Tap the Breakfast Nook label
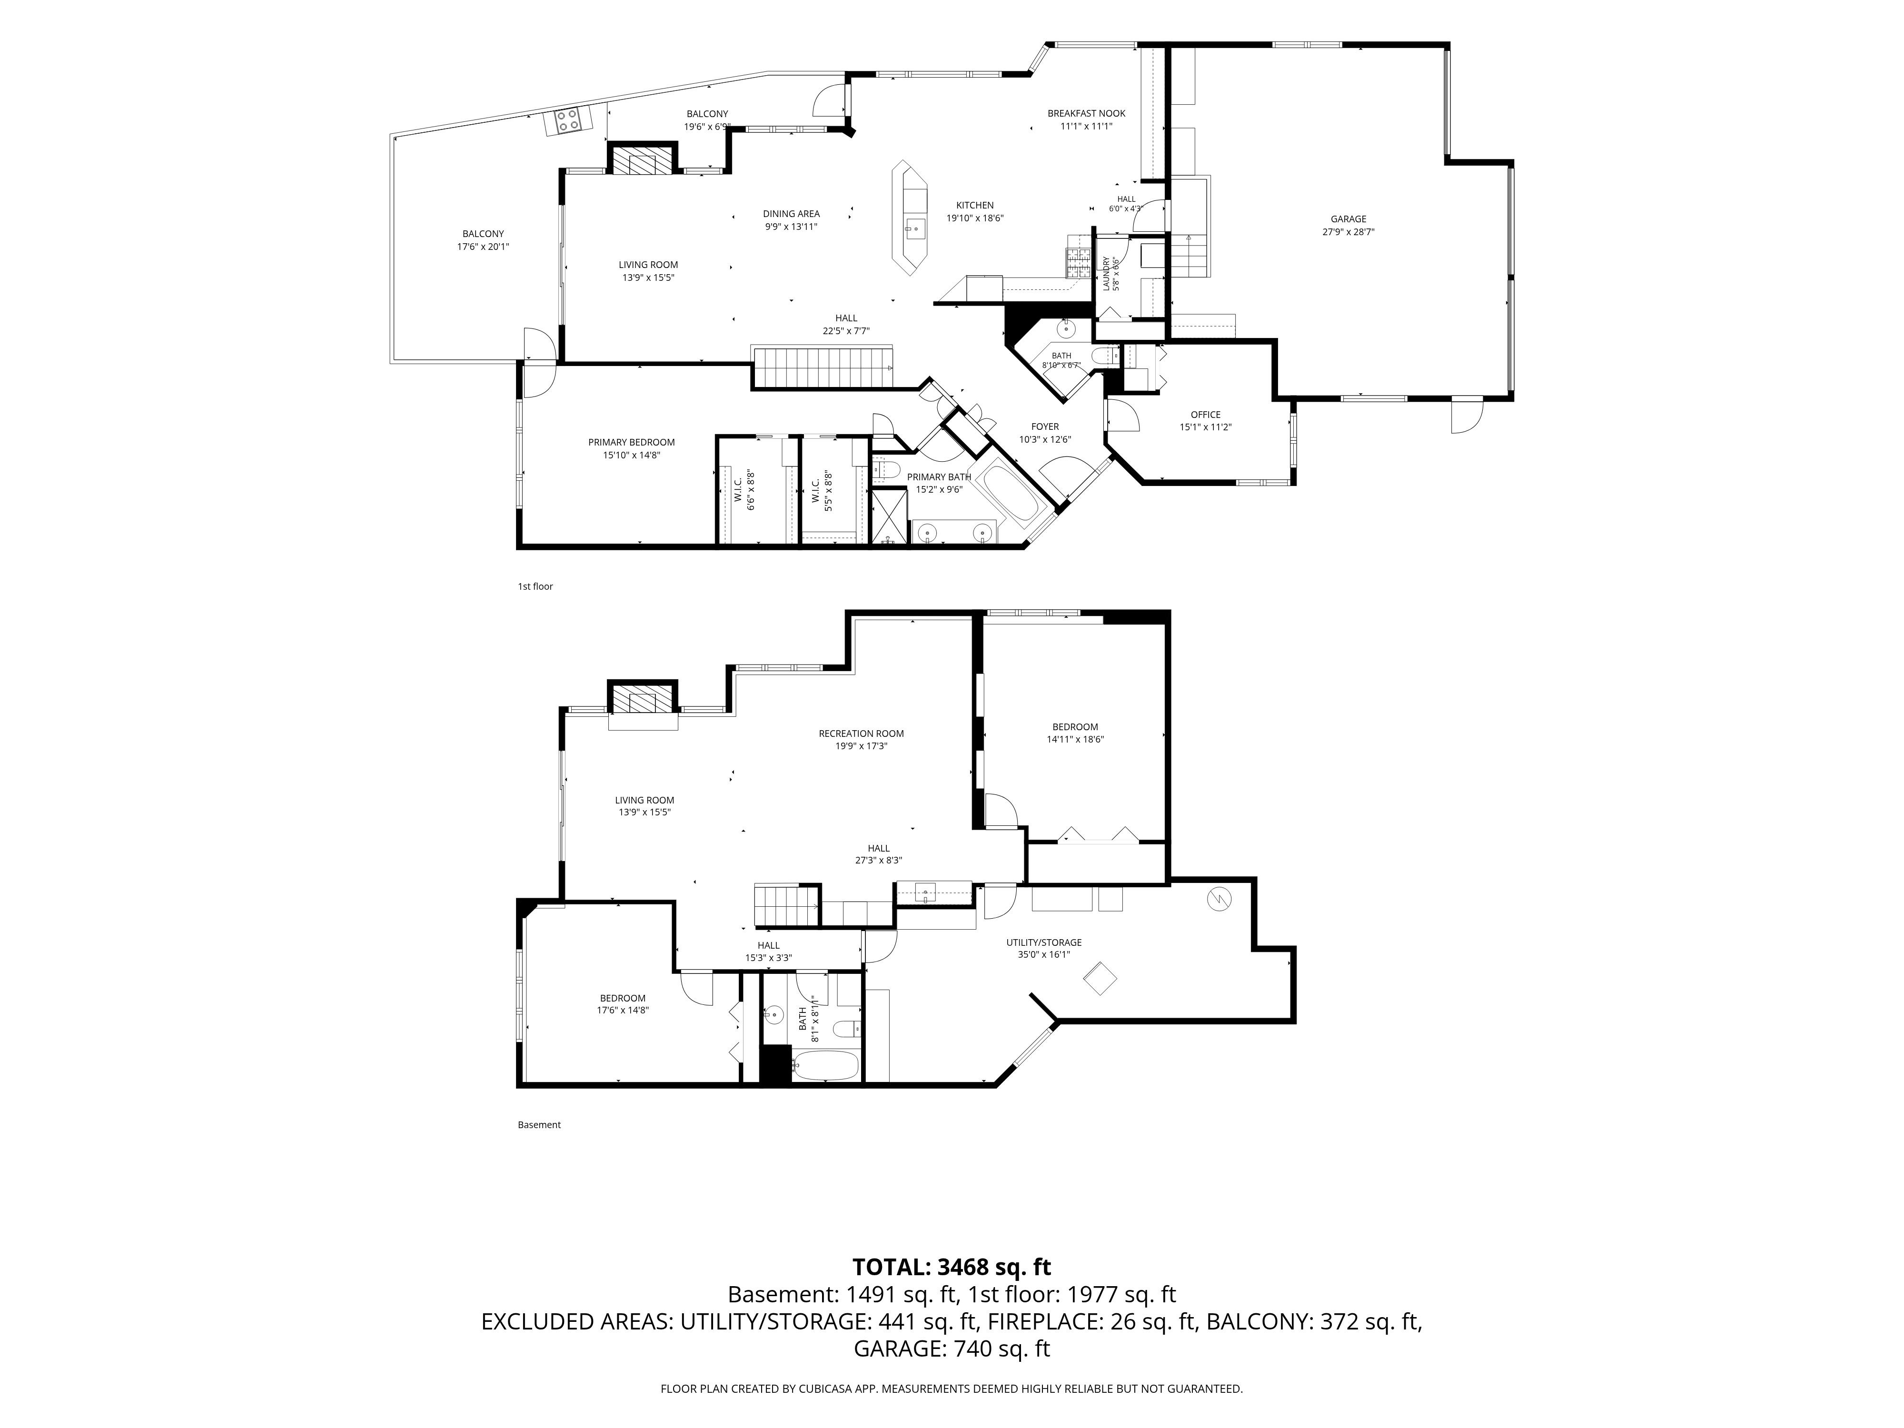(1086, 113)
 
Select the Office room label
(1205, 414)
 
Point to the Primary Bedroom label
(632, 442)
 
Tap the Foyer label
(1045, 426)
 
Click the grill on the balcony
(567, 120)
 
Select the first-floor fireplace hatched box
(642, 160)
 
